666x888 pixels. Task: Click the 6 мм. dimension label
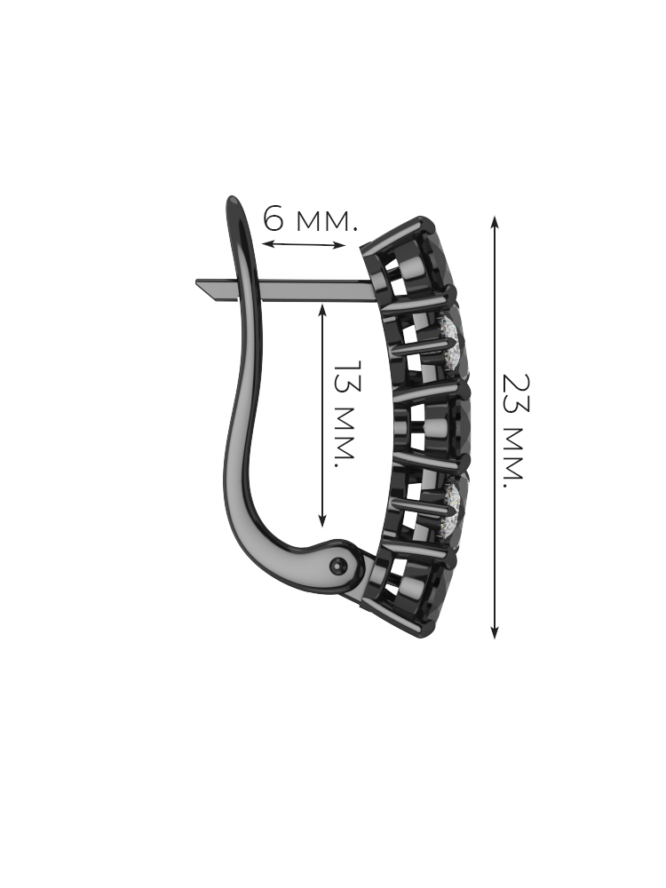coord(311,219)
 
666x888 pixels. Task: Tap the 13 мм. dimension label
coord(344,414)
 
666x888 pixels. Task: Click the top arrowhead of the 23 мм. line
coord(495,222)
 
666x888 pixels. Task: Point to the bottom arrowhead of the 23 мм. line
coord(495,632)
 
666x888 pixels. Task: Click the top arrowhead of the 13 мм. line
coord(323,310)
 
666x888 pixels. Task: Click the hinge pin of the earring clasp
coord(340,565)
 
